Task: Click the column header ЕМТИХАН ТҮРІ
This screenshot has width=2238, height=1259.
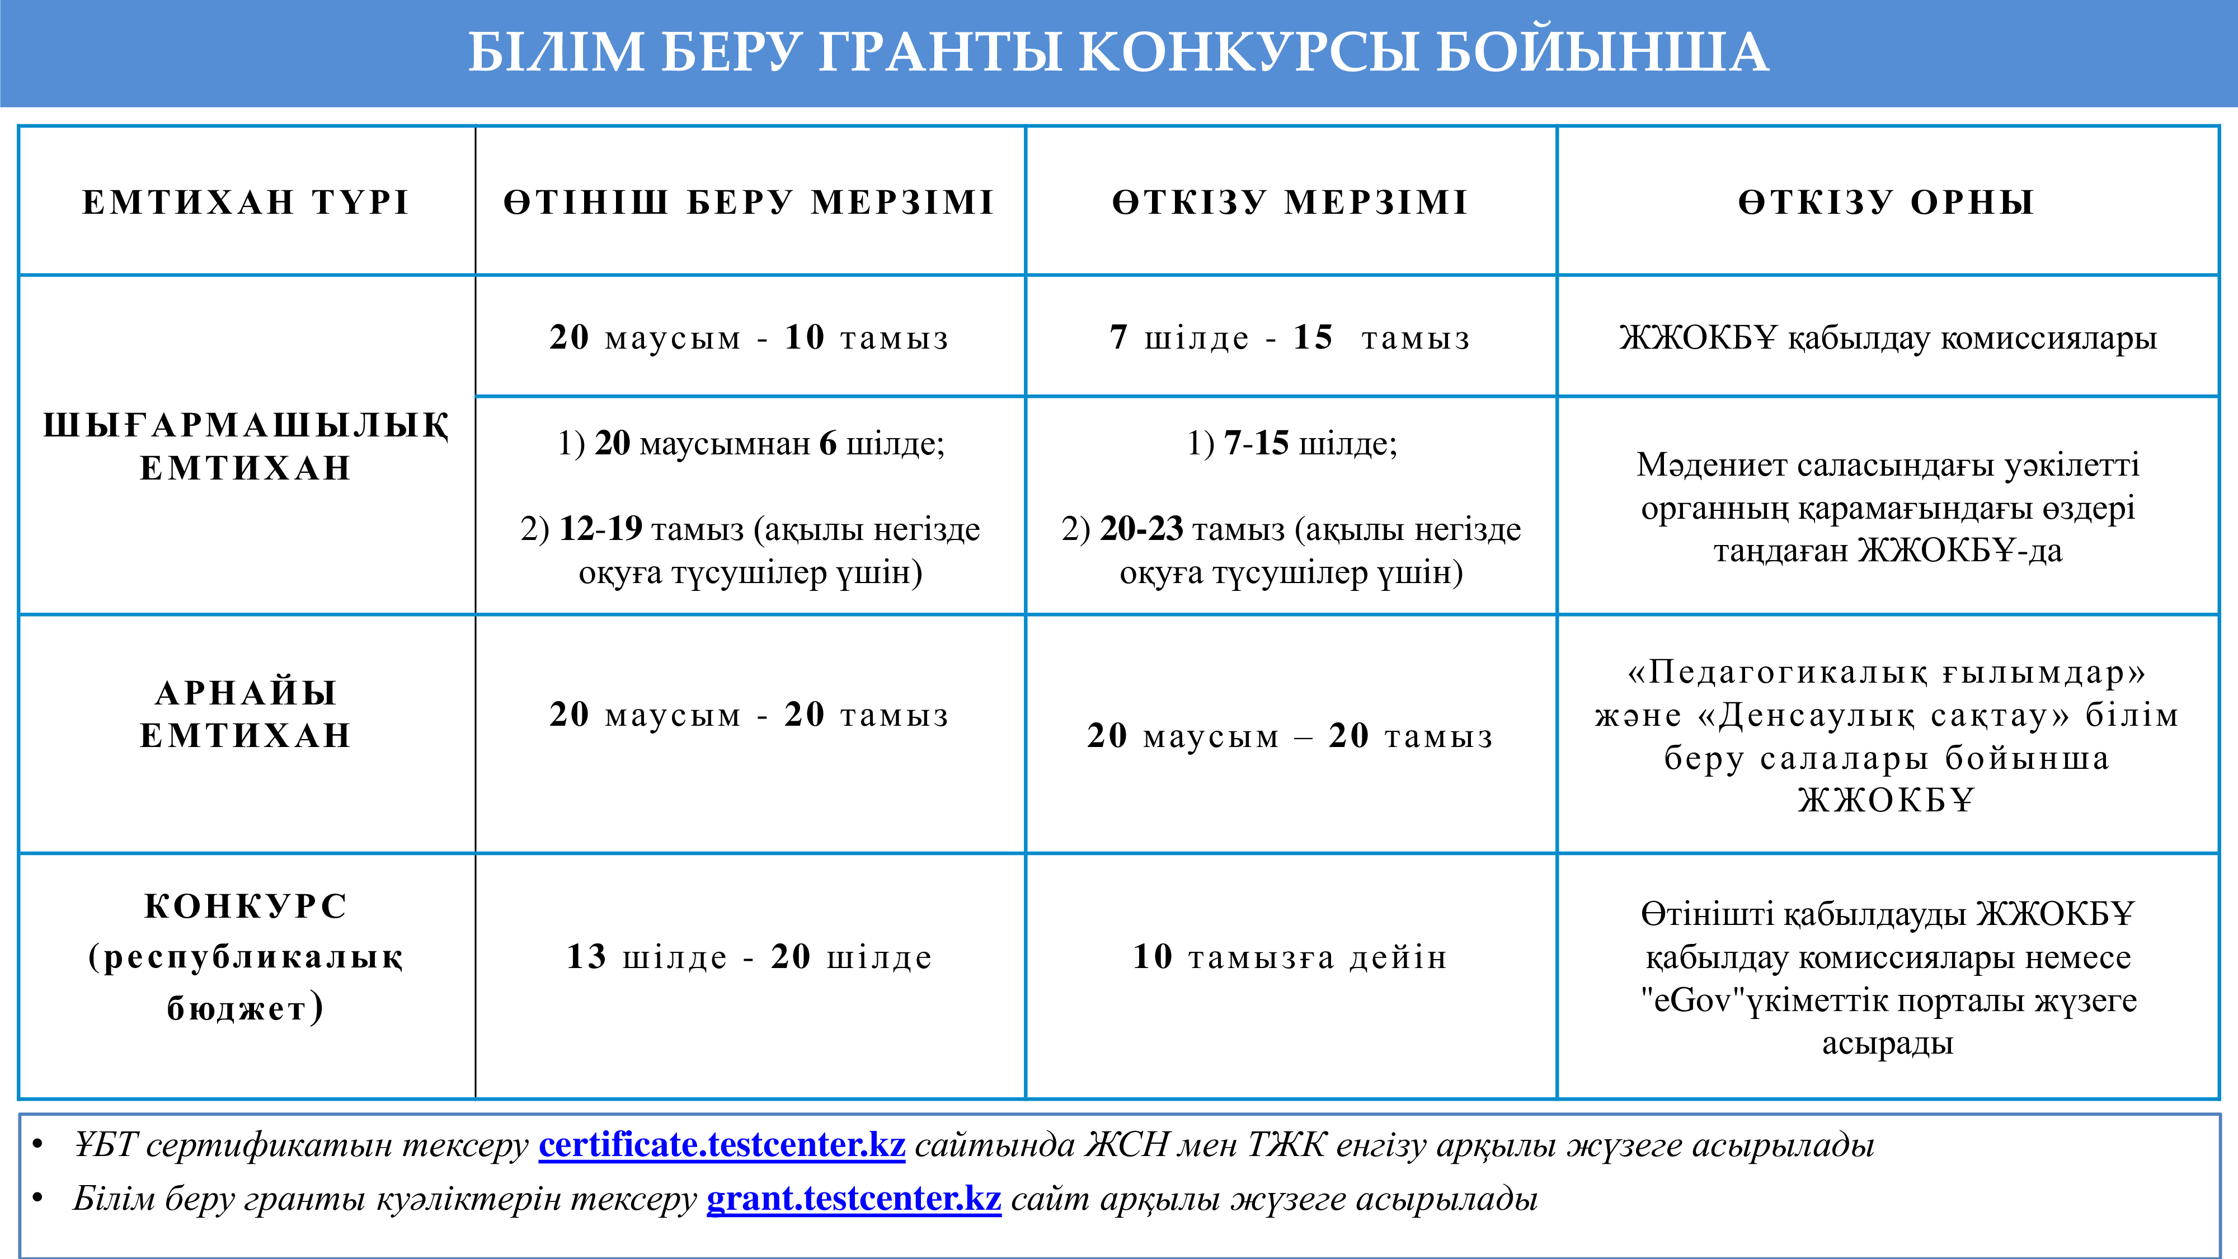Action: (x=246, y=203)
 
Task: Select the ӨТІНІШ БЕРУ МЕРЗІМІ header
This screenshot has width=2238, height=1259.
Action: (x=749, y=203)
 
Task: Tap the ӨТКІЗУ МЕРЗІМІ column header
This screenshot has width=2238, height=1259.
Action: (x=1290, y=203)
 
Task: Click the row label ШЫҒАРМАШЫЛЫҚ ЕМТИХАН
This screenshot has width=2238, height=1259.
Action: (x=246, y=447)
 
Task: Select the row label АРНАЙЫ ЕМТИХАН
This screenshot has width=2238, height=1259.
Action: (x=246, y=714)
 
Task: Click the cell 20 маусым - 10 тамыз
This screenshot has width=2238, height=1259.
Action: (x=749, y=337)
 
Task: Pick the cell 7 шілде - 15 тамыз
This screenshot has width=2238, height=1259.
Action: (x=1290, y=337)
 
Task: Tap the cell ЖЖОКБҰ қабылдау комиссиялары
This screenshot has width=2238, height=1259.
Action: (x=1887, y=337)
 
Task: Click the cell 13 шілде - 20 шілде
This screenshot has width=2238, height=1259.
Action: (x=749, y=957)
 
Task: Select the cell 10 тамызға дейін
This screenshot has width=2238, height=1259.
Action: (x=1290, y=957)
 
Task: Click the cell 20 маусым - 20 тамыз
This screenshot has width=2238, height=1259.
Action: (x=749, y=714)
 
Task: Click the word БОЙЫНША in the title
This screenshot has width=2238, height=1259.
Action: (x=1601, y=51)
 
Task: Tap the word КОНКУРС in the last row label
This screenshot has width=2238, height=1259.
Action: (x=246, y=906)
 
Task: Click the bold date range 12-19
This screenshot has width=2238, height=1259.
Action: (x=600, y=528)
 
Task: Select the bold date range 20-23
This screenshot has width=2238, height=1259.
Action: (x=1141, y=528)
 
